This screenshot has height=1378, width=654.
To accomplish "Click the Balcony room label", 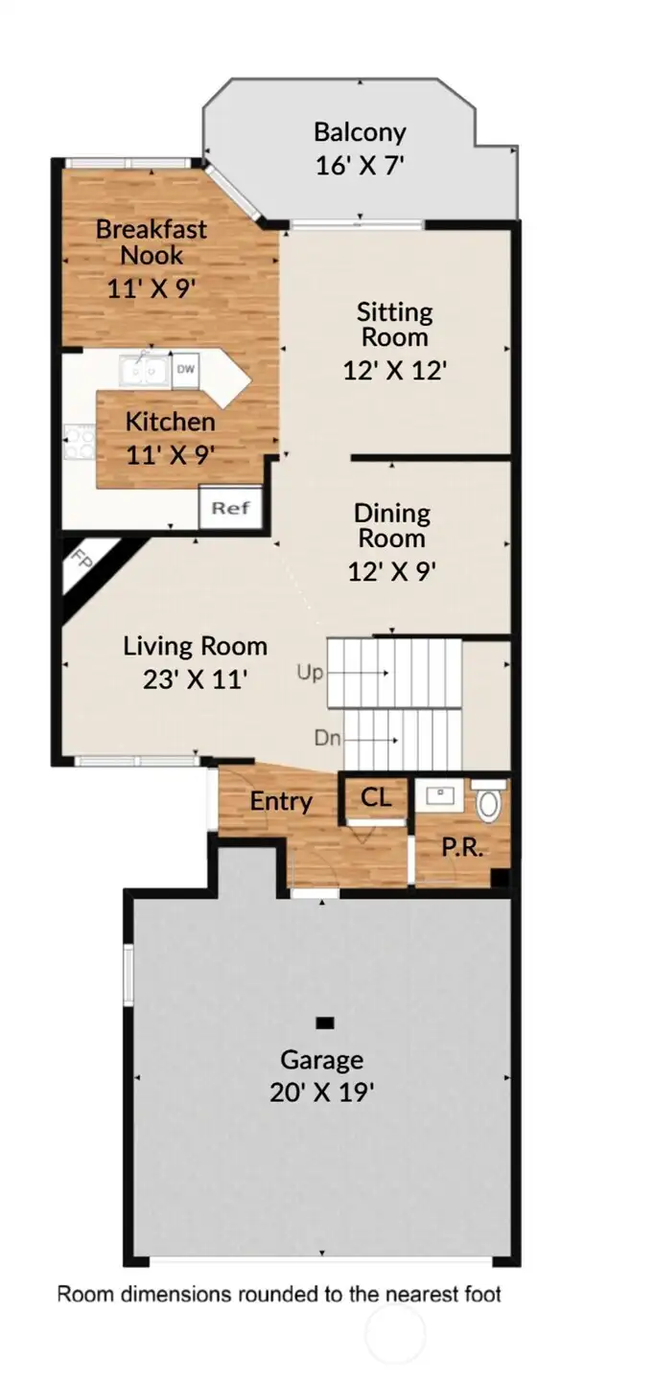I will coord(360,132).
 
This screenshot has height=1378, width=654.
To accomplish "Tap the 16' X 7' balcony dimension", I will coord(360,165).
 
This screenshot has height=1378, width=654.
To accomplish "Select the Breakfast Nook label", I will coord(151,242).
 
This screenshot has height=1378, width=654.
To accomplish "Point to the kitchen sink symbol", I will coord(144,370).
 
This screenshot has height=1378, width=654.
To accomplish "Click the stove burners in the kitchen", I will coord(78,442).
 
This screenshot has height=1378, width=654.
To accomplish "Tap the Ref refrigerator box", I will coord(230,508).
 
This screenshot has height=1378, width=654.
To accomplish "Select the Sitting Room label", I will coord(394,324).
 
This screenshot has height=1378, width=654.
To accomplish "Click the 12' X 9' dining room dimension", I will coord(392,571).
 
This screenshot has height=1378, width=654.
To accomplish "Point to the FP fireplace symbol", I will coord(85,561).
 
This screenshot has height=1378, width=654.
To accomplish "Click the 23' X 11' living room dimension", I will coord(195,679).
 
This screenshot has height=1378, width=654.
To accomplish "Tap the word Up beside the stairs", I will coord(311,674).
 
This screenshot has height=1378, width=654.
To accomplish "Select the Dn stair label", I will coord(328,739).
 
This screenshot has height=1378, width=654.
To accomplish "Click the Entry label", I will coord(280,801).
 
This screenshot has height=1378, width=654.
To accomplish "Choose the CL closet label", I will coord(376,796).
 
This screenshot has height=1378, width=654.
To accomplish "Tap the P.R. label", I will coord(460,848).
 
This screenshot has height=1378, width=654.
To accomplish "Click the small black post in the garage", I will coord(325,1022).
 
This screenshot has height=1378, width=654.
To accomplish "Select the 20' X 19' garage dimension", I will coord(321,1091).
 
